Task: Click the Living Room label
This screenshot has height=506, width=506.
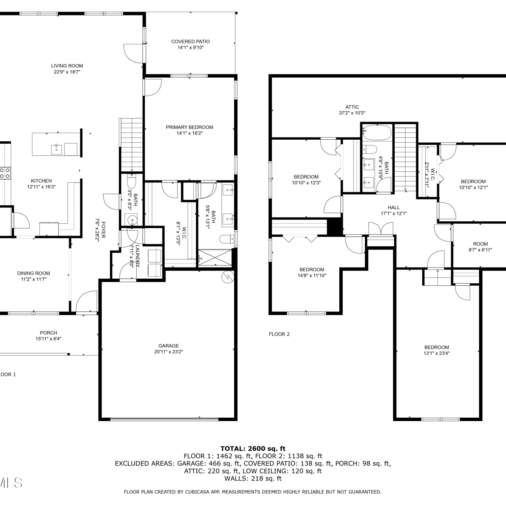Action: click(67, 66)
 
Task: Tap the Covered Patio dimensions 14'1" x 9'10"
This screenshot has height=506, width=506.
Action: click(191, 48)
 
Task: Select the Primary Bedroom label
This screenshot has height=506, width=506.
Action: click(190, 127)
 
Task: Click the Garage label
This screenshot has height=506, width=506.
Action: click(169, 346)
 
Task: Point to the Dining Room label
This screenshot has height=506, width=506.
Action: click(34, 273)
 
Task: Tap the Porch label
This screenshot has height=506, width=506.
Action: click(49, 333)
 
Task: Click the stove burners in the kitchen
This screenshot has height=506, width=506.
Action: click(5, 173)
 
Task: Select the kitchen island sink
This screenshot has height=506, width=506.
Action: click(57, 149)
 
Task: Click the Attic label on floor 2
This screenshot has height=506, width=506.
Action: click(352, 107)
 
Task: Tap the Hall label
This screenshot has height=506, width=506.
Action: click(394, 207)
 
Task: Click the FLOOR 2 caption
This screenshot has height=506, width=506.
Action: click(279, 334)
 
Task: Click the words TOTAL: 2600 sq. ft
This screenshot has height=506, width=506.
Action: click(253, 449)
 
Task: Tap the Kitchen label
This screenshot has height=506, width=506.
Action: click(41, 181)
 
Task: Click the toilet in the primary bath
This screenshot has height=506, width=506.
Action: click(226, 239)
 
